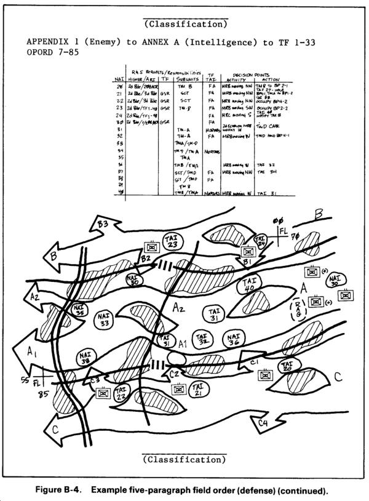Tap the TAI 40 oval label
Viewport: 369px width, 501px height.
[x=250, y=287]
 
